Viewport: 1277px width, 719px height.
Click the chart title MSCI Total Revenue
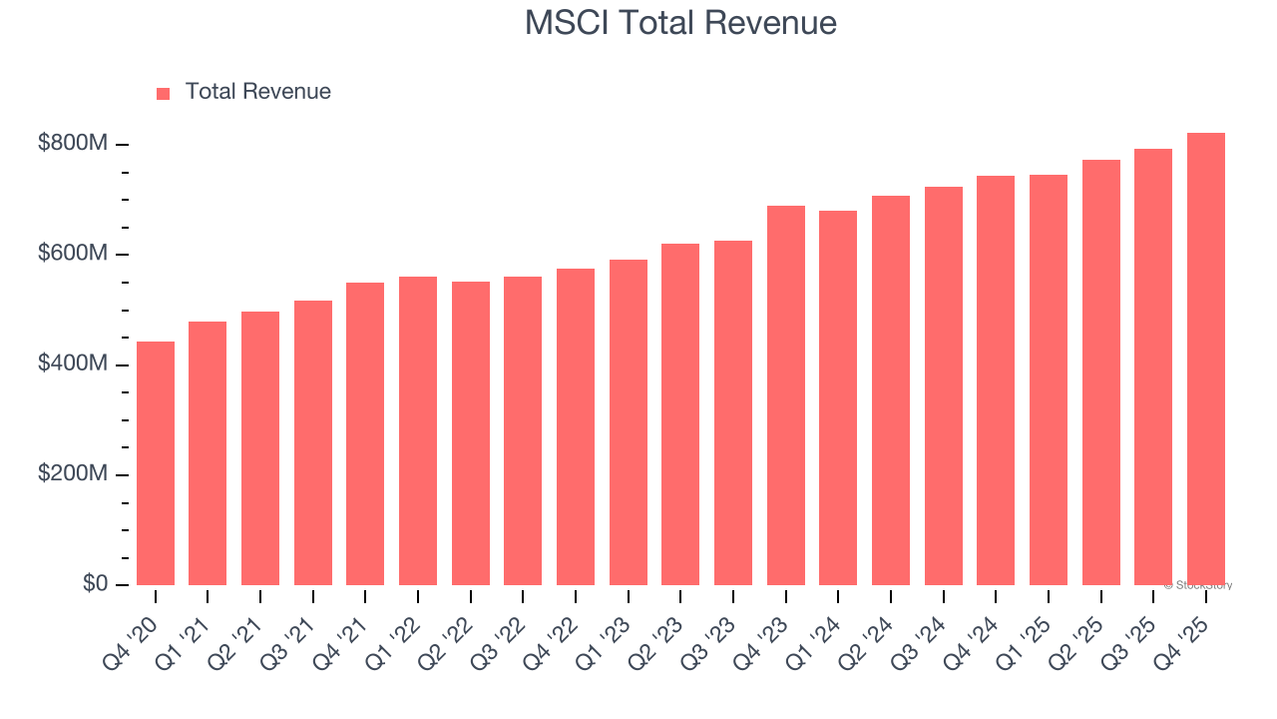coord(680,23)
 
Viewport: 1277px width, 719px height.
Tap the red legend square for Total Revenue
coord(164,93)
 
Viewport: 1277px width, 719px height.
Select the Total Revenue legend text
coord(257,92)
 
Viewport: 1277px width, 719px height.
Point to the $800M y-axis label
coord(72,144)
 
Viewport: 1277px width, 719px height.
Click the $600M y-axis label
coord(72,254)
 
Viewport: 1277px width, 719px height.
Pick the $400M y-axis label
coord(72,364)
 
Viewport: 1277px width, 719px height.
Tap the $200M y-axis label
coord(72,474)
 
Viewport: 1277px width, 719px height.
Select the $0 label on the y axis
coord(95,583)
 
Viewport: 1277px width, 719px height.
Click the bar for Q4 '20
coord(156,463)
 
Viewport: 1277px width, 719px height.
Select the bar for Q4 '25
coord(1206,359)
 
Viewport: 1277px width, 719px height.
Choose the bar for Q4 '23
coord(786,395)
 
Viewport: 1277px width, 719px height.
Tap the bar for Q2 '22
coord(471,433)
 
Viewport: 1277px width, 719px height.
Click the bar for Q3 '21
coord(313,442)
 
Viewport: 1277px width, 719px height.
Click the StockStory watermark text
coord(1198,585)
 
